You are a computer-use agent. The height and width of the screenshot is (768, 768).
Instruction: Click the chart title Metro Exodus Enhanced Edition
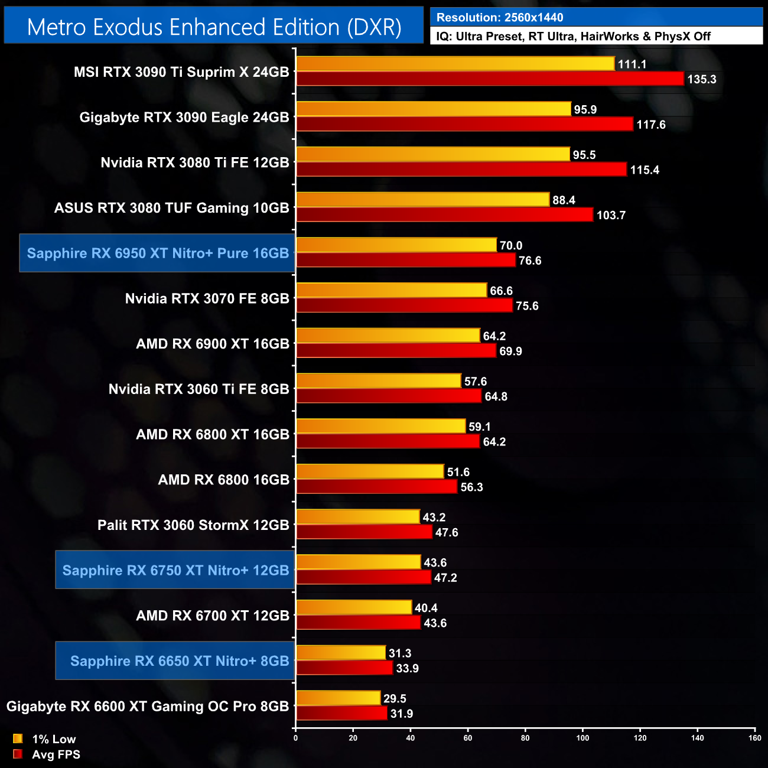[x=214, y=27]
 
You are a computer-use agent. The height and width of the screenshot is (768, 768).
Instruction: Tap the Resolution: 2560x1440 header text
[x=500, y=18]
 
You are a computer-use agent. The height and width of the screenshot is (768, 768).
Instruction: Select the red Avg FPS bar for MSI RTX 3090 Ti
[x=490, y=79]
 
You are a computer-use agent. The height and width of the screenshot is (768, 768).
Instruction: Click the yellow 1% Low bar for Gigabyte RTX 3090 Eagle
[x=434, y=109]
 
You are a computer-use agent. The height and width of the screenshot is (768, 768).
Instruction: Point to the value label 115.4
[x=645, y=170]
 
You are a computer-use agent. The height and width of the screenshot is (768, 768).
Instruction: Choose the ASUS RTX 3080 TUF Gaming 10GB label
[x=172, y=208]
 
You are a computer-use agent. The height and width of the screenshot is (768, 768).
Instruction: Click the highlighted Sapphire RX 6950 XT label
[x=158, y=253]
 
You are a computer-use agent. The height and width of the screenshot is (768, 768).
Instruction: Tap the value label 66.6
[x=501, y=291]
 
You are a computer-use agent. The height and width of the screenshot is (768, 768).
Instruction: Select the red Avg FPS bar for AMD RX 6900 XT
[x=396, y=351]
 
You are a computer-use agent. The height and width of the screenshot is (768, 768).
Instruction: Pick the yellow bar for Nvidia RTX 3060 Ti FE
[x=378, y=381]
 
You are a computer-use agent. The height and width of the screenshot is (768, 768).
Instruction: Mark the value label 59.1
[x=480, y=427]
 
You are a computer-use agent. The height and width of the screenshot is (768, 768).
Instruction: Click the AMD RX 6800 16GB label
[x=223, y=480]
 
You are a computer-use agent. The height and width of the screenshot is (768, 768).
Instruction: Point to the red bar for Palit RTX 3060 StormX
[x=364, y=532]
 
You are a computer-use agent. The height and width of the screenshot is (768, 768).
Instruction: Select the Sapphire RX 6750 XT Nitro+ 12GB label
[x=175, y=570]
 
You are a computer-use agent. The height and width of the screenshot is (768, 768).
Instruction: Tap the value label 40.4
[x=426, y=608]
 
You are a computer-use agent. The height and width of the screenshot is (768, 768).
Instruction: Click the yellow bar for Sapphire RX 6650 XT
[x=340, y=653]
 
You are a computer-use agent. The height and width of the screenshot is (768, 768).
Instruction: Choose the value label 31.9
[x=402, y=714]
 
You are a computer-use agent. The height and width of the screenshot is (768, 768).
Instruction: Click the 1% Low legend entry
[x=53, y=739]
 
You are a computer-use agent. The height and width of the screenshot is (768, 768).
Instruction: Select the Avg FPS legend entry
[x=56, y=754]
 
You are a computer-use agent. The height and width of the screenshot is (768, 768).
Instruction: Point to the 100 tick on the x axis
[x=582, y=738]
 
